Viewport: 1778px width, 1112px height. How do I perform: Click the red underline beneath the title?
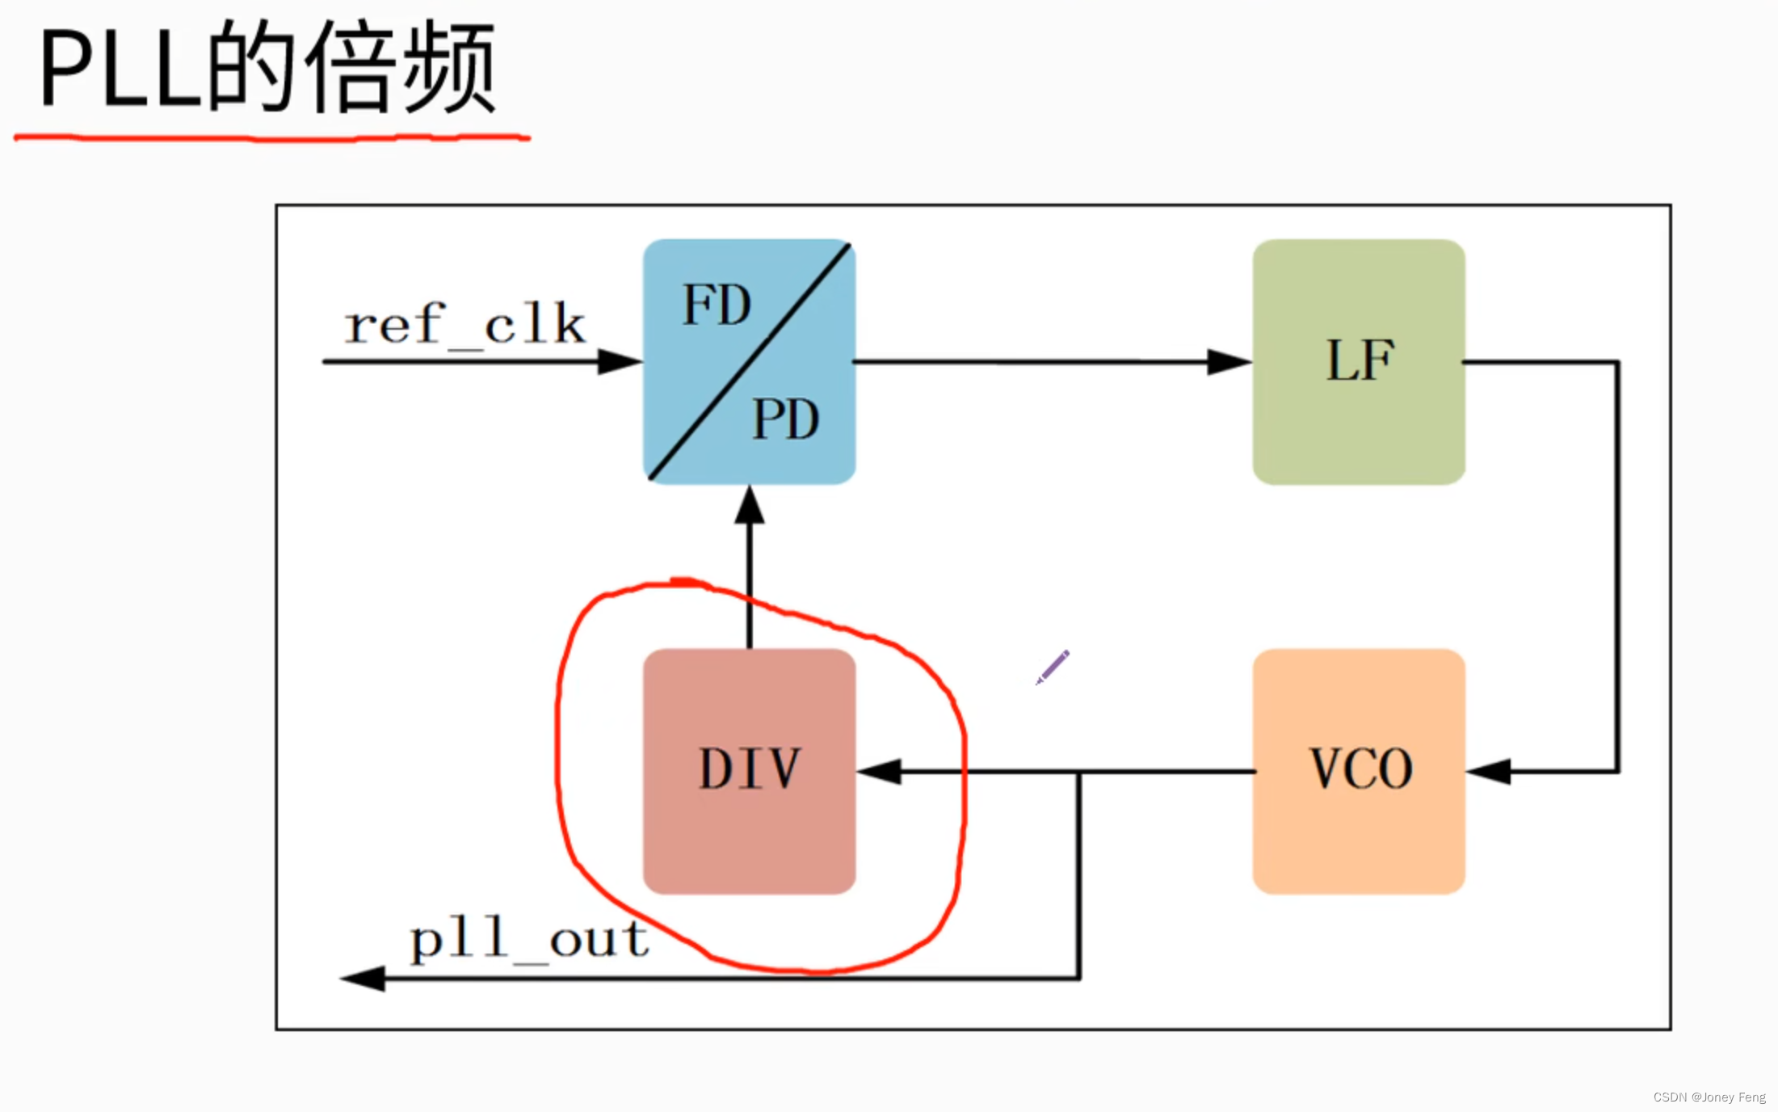pos(271,138)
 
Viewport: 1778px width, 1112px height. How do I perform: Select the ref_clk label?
pos(464,325)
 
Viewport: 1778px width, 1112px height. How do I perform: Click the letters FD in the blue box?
pos(717,305)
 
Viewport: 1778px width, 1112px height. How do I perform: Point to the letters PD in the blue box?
pos(785,419)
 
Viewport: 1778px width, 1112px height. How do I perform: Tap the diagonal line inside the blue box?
pos(750,361)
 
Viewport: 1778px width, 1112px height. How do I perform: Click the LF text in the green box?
pos(1360,360)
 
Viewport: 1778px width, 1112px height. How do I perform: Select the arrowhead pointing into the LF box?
pos(1229,361)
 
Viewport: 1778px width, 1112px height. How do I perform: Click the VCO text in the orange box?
pos(1360,769)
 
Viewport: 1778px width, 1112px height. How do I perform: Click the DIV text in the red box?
pos(750,769)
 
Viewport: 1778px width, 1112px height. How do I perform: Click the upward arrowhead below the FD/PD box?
pos(750,506)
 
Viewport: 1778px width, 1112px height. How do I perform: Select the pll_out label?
pos(529,940)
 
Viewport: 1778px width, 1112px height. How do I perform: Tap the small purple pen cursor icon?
pos(1053,667)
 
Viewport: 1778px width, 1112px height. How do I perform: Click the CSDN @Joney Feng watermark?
pos(1709,1097)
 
